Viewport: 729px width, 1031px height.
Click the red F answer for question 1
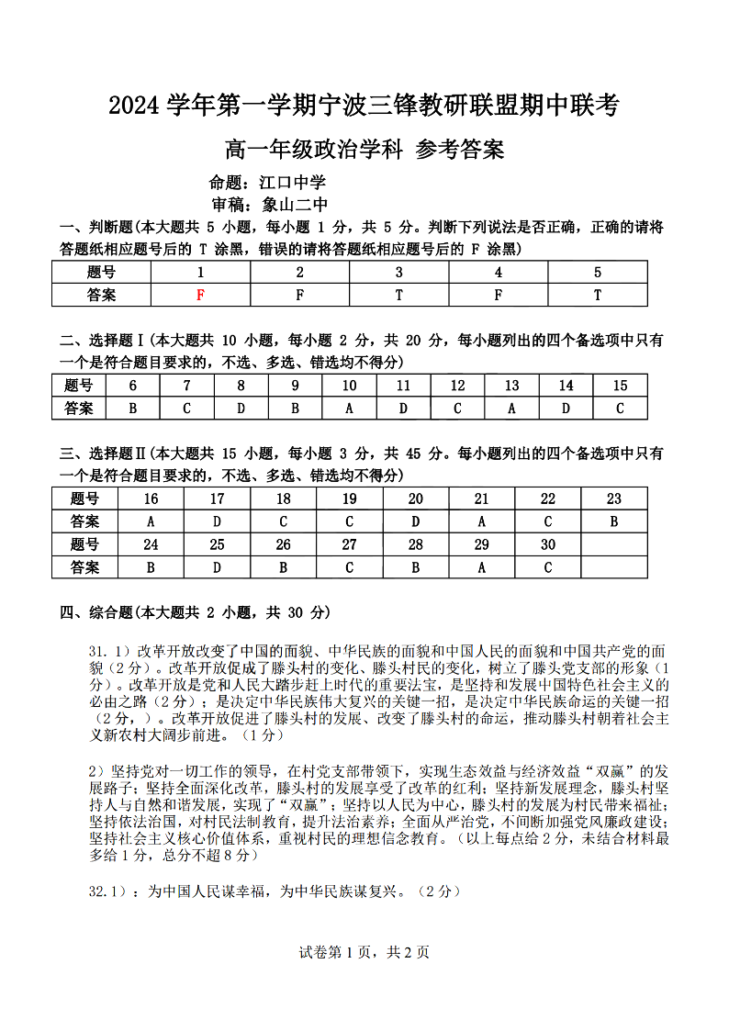point(200,295)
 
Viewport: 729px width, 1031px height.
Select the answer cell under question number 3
point(398,295)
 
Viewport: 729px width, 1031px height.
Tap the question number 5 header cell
point(598,272)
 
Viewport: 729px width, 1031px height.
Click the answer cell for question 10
point(349,408)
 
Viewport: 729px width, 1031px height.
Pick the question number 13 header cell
point(511,386)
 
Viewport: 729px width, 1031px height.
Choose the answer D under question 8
point(241,408)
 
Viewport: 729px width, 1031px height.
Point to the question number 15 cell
point(620,386)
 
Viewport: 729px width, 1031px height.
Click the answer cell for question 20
point(415,521)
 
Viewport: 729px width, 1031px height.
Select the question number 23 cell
point(613,499)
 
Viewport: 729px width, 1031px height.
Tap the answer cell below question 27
point(349,567)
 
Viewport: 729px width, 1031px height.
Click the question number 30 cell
point(547,544)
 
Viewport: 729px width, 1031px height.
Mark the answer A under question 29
point(481,567)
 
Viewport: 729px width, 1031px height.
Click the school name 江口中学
point(293,183)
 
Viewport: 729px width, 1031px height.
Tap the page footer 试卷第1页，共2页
point(364,952)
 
